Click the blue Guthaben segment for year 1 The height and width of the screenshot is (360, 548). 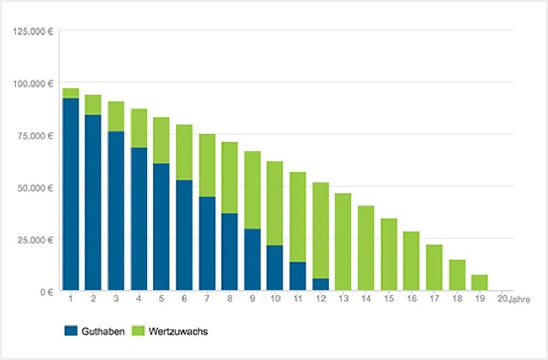(71, 194)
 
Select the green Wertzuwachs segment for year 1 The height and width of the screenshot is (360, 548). (71, 93)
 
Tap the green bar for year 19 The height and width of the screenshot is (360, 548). (479, 282)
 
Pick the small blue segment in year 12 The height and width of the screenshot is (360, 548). (321, 284)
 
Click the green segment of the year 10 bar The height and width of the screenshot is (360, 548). (275, 203)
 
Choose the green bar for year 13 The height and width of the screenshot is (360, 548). (343, 242)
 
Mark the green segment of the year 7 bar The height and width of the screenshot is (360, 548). (207, 165)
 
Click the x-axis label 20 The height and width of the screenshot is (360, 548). (501, 299)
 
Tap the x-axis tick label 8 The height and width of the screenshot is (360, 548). (230, 299)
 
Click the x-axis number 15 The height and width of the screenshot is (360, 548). (389, 299)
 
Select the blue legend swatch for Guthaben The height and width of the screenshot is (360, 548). (71, 331)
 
